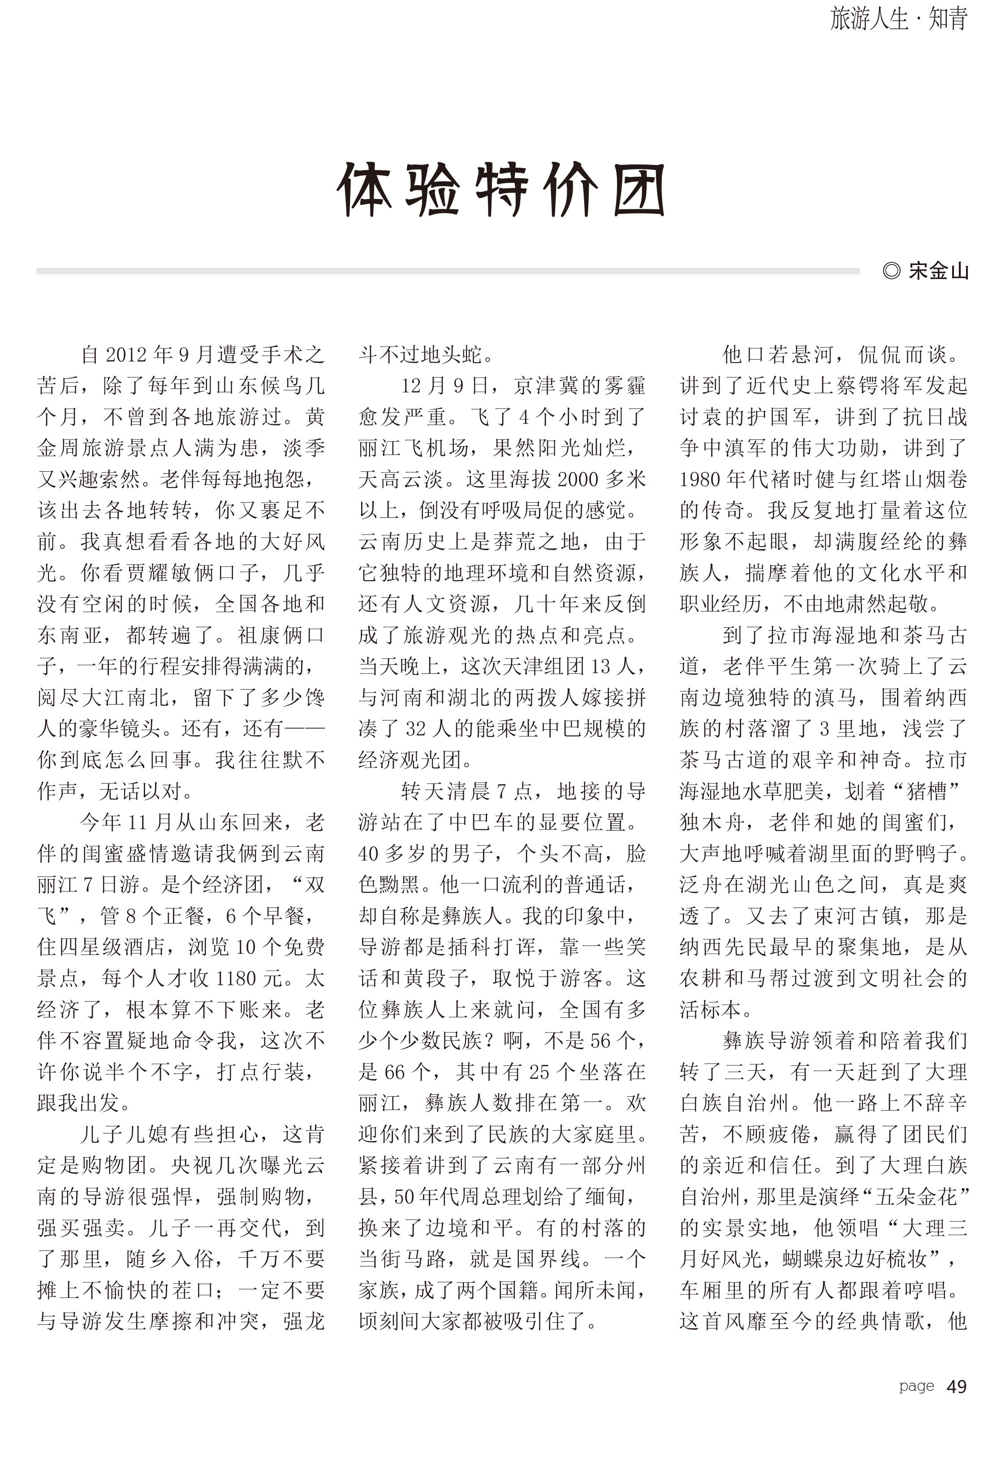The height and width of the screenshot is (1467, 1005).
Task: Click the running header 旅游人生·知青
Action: tap(898, 19)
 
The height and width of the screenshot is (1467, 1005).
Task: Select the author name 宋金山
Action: tap(938, 271)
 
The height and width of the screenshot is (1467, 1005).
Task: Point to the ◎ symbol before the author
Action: tap(892, 271)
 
